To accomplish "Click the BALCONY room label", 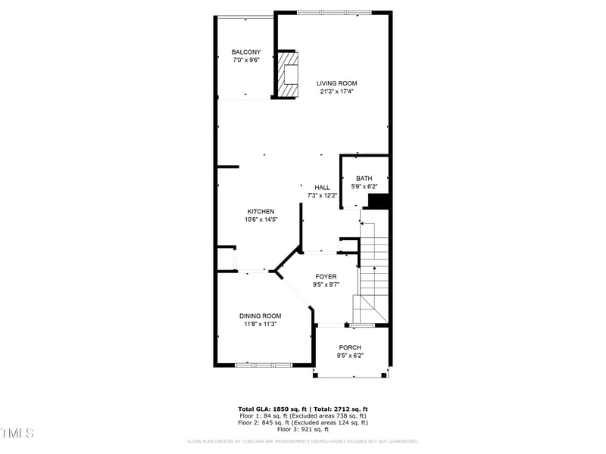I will click(x=246, y=52).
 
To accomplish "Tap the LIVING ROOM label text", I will click(x=336, y=83).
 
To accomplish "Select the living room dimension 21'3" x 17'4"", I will click(x=336, y=92).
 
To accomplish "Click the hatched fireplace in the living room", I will click(x=287, y=74).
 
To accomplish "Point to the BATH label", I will click(x=364, y=179).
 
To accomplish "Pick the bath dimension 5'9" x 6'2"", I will click(x=364, y=187).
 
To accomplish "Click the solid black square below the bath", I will click(x=378, y=201).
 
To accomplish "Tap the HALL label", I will click(x=323, y=188).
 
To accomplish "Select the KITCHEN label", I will click(x=261, y=212).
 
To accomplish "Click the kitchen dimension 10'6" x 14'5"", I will click(x=260, y=220).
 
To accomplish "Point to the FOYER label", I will click(x=326, y=277).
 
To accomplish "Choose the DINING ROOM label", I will click(x=260, y=316).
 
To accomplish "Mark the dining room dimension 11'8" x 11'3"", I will click(x=260, y=325).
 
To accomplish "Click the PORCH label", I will click(x=350, y=347).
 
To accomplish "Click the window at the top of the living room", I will click(x=334, y=12).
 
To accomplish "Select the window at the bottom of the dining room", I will click(x=263, y=365).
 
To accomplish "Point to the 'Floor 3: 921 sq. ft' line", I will click(x=303, y=430).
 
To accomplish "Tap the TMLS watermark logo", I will click(x=17, y=434).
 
